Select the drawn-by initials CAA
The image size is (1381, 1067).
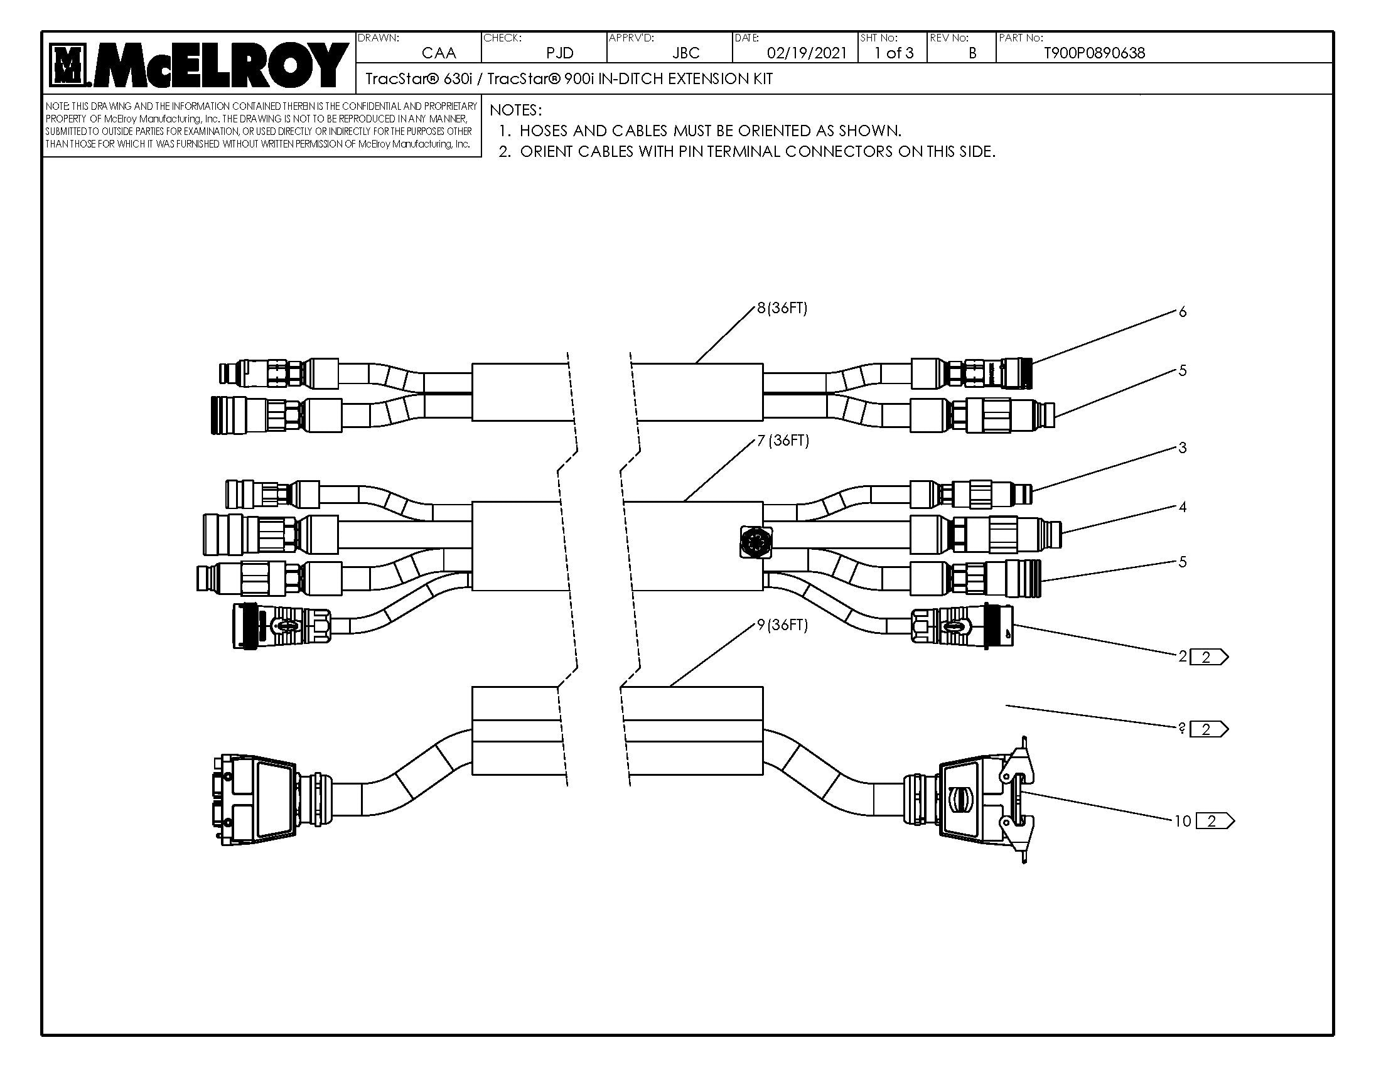coord(438,53)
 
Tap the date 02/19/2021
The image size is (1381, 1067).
coord(806,53)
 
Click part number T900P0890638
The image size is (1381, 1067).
coord(1094,53)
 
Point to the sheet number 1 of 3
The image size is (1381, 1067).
coord(893,53)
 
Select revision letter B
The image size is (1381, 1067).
coord(972,53)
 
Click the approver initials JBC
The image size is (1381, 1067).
coord(685,53)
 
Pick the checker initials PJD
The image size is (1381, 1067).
coord(559,53)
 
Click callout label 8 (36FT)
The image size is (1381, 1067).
coord(782,308)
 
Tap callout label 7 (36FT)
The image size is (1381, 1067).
coord(783,441)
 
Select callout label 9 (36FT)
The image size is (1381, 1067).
coord(782,625)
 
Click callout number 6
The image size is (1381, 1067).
coord(1183,312)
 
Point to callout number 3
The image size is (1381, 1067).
coord(1183,448)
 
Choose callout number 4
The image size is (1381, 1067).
coord(1183,507)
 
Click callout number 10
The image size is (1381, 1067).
coord(1183,821)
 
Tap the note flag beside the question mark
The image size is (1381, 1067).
coord(1208,729)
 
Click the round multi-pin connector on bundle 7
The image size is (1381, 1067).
coord(756,542)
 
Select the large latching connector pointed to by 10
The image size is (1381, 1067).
coord(977,802)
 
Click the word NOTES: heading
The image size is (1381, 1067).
coord(515,110)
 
